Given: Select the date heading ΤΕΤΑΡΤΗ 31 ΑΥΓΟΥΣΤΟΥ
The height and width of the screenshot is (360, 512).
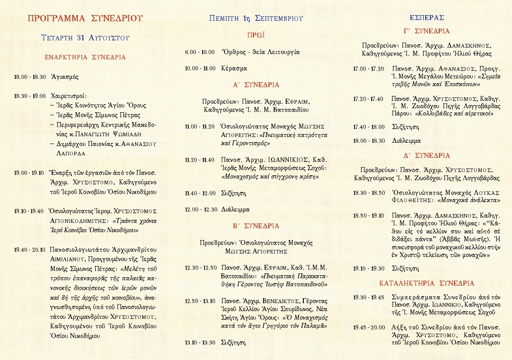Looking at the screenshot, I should tap(85, 38).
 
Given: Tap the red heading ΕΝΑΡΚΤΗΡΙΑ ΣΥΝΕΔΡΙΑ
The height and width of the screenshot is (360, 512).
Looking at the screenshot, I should tap(85, 57).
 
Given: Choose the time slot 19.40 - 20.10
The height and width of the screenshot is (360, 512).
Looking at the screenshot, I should tap(29, 249).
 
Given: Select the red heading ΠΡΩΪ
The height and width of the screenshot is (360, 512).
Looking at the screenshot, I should tap(256, 35).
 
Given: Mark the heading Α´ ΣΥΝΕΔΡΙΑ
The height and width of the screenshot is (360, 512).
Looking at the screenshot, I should tap(256, 85).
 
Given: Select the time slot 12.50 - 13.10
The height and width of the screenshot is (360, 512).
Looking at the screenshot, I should tap(201, 301).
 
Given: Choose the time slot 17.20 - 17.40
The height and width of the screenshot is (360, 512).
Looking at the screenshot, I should tap(368, 98).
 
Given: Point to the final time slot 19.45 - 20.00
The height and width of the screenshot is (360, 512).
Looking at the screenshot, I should tap(368, 327).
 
